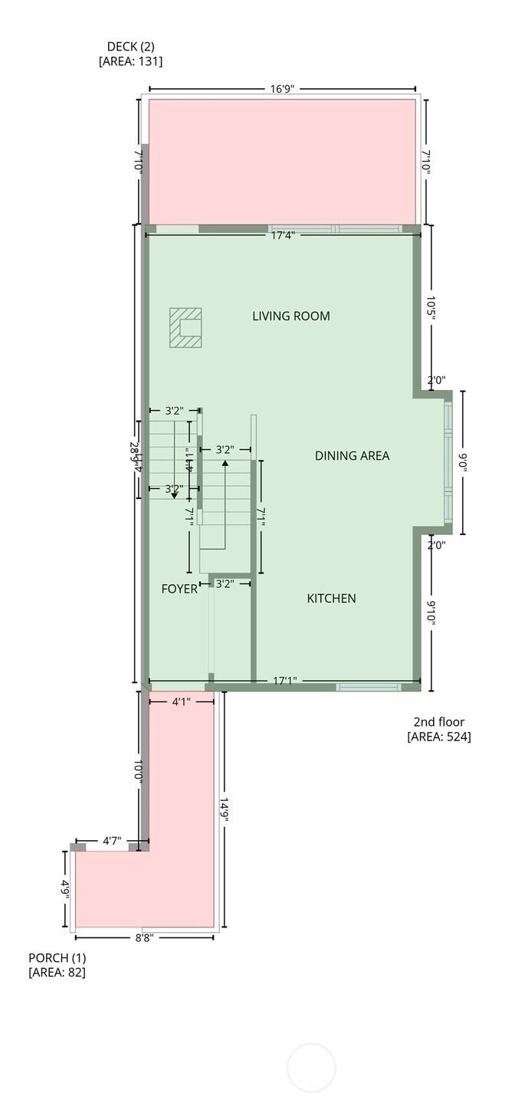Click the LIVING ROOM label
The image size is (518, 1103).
pos(291,316)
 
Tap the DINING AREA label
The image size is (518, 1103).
pos(352,455)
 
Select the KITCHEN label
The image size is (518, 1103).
pos(331,598)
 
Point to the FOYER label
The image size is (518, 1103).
pos(179,589)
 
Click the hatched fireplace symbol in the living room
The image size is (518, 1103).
pos(185,328)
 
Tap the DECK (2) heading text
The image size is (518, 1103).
pos(130,47)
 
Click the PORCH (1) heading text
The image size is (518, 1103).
pos(57,957)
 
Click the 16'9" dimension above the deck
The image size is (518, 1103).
pos(284,89)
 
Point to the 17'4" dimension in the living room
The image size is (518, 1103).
pos(284,234)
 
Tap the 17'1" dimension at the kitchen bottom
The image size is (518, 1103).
pos(285,680)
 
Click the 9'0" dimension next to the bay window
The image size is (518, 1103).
pos(462,462)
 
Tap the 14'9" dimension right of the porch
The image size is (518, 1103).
pos(225,809)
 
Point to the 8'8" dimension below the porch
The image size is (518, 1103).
pos(145,937)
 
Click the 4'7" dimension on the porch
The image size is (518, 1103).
pos(112,841)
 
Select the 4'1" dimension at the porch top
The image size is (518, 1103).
pos(181,701)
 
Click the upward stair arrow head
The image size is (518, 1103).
pos(225,464)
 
